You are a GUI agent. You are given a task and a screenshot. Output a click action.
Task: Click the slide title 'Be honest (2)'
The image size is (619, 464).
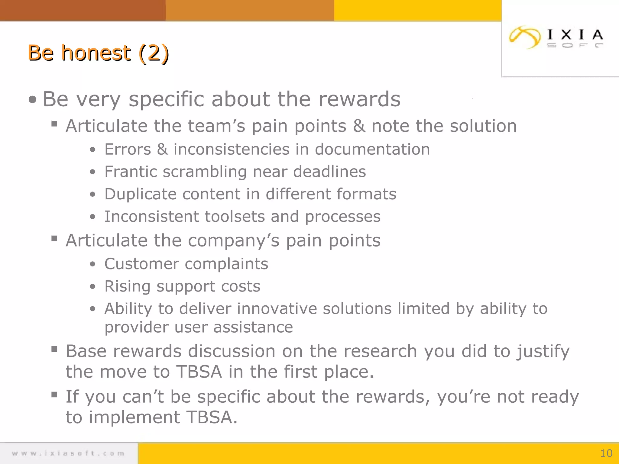click(98, 53)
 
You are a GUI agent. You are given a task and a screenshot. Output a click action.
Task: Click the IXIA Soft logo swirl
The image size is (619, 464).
click(524, 37)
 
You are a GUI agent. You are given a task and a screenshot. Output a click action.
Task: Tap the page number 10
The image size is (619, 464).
click(606, 453)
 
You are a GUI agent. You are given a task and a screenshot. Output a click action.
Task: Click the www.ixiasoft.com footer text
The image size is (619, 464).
click(68, 453)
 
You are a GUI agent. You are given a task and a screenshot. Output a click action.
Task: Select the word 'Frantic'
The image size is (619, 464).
click(131, 172)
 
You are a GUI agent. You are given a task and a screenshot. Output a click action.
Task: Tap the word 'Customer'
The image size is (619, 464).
click(141, 264)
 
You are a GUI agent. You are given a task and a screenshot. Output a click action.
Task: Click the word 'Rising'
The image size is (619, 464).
click(127, 286)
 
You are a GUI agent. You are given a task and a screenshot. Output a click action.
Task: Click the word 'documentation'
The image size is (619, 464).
click(372, 149)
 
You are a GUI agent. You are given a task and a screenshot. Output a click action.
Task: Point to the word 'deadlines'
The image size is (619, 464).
click(329, 172)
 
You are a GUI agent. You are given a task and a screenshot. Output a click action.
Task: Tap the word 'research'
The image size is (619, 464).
click(380, 351)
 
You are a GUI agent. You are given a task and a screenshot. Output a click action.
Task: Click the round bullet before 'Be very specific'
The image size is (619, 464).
click(32, 100)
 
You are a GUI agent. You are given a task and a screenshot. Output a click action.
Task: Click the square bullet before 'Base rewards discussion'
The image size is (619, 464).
click(54, 350)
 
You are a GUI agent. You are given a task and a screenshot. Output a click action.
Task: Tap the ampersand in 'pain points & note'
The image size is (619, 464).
click(359, 126)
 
